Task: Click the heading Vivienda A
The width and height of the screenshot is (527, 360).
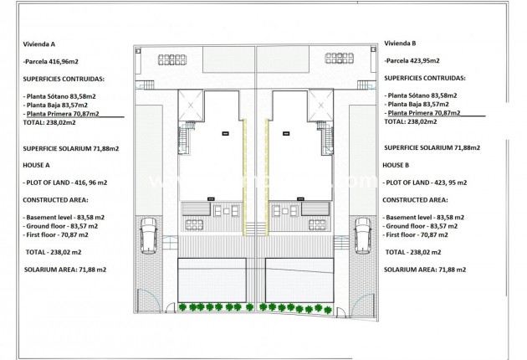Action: coord(40,44)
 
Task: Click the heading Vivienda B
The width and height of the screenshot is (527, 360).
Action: coord(402,44)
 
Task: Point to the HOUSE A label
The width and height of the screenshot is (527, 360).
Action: coord(38,166)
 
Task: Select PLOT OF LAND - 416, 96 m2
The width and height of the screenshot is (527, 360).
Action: coord(69,182)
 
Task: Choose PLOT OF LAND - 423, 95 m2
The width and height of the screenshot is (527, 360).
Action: coord(431,182)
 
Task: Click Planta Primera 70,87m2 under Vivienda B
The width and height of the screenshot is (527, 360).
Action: coord(423,113)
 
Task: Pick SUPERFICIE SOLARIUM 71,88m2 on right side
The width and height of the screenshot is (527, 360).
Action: coord(432,148)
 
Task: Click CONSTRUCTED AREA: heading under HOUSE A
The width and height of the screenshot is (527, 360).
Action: coord(59,200)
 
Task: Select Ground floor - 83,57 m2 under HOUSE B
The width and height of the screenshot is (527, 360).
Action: coord(427,226)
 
